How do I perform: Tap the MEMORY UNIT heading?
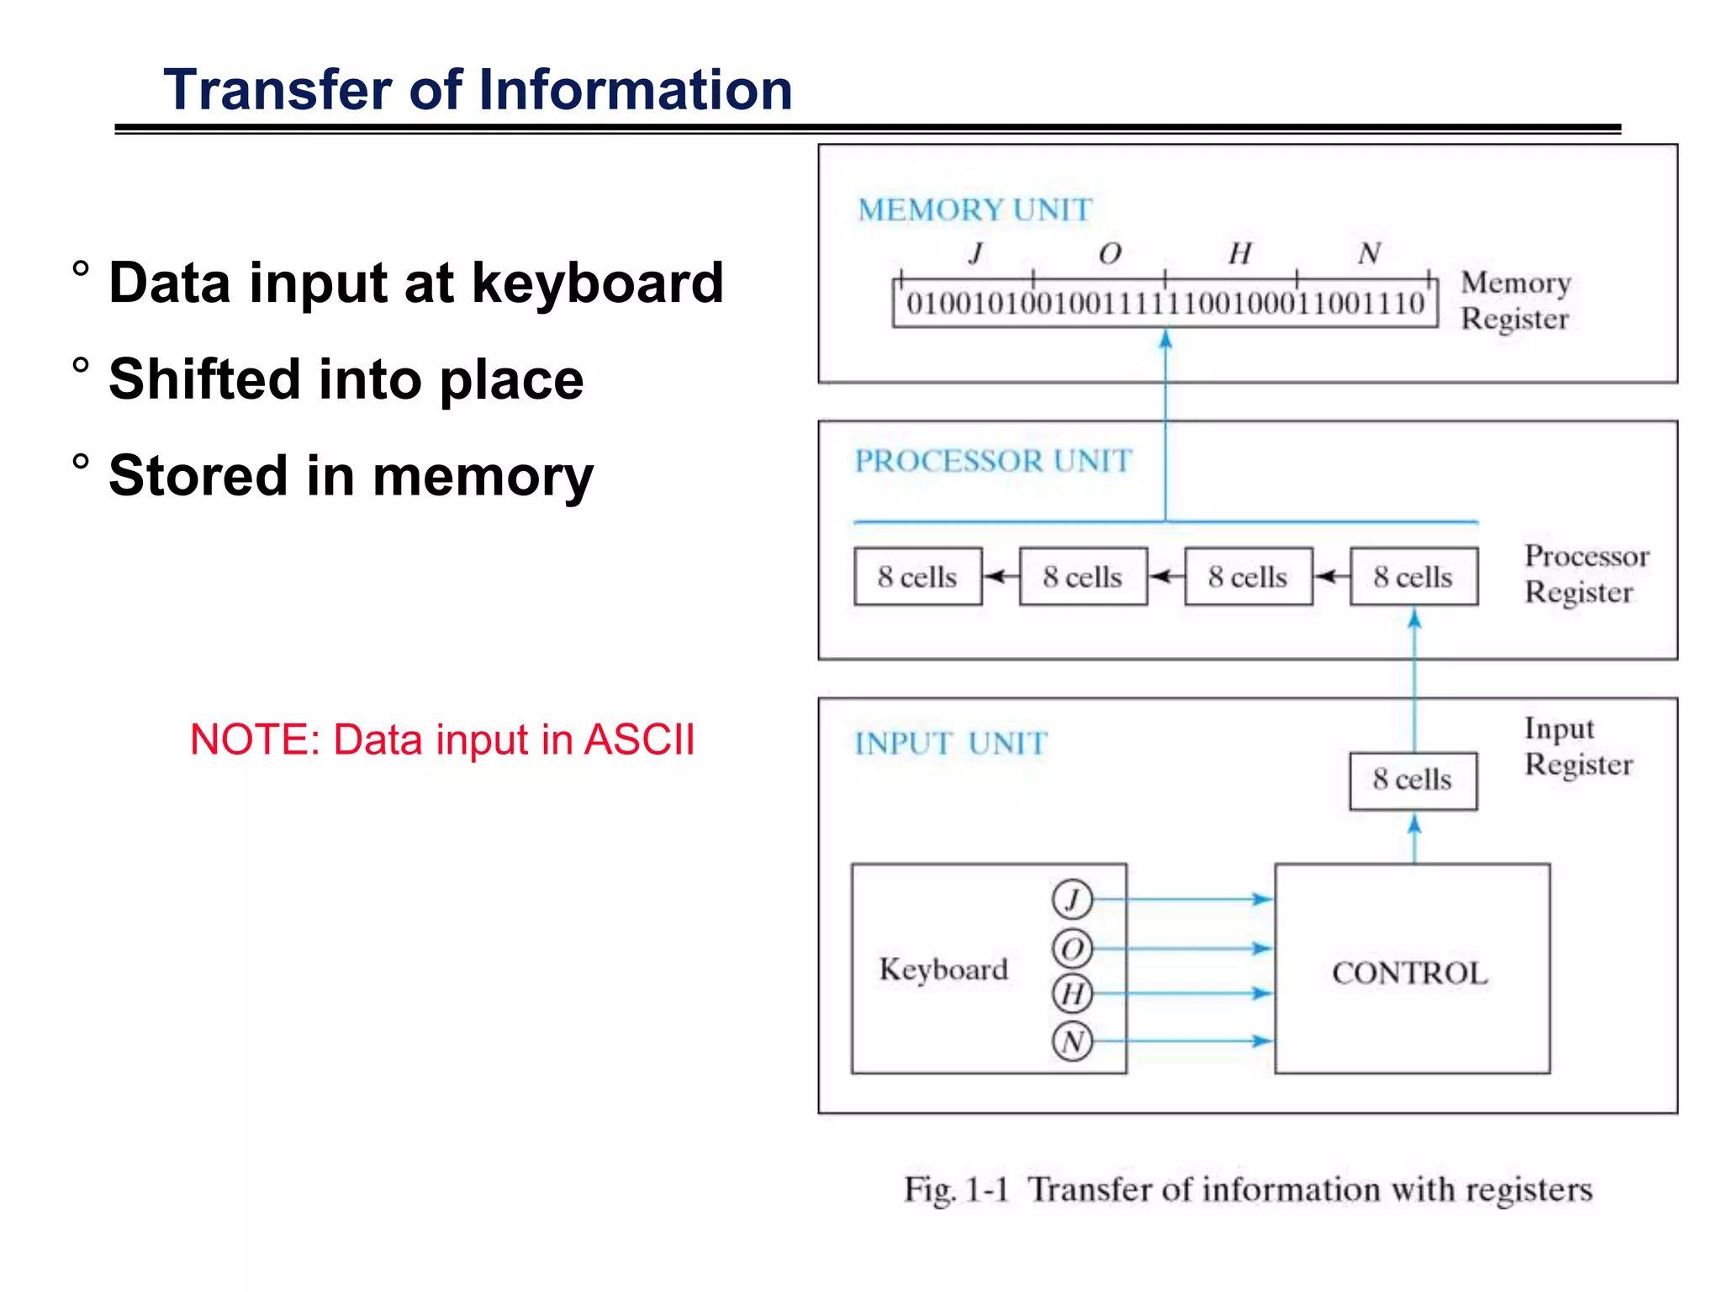tap(975, 209)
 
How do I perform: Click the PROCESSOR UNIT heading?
tap(993, 461)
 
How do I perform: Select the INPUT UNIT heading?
tap(950, 744)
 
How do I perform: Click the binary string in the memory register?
tap(1165, 304)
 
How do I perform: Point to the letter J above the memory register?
tap(976, 252)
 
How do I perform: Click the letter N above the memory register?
tap(1369, 252)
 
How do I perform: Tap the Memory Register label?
tap(1515, 300)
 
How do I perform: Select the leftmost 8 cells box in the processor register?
tap(917, 577)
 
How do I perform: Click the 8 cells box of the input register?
tap(1413, 780)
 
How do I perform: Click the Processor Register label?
tap(1586, 574)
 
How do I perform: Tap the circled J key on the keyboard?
tap(1072, 899)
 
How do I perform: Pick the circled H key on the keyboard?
tap(1072, 993)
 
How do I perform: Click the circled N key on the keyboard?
tap(1072, 1041)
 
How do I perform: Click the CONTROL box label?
tap(1410, 973)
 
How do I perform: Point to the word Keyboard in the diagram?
tap(943, 969)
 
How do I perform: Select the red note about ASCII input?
tap(442, 740)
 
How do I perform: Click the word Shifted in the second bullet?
tap(204, 379)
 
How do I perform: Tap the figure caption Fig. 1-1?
tap(956, 1189)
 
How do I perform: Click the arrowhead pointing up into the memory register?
tap(1165, 339)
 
